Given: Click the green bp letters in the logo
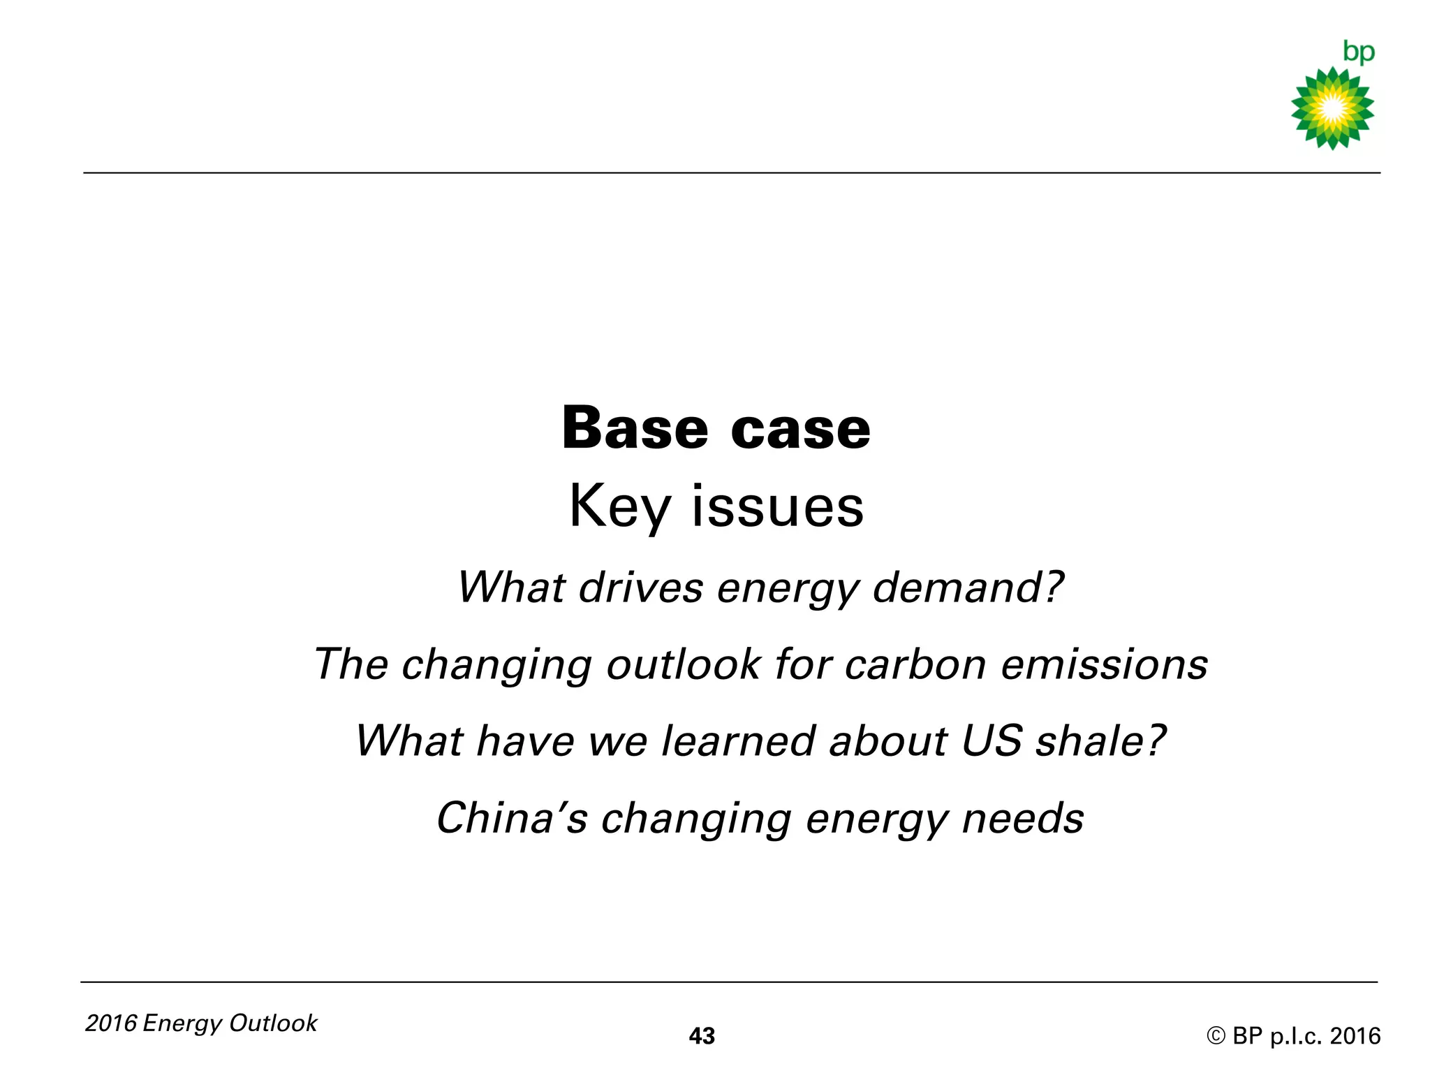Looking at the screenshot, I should click(x=1358, y=52).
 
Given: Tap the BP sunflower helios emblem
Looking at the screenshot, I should click(x=1332, y=108).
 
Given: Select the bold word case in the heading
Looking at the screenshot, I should click(x=801, y=429).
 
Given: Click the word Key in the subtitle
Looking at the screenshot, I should click(x=619, y=507).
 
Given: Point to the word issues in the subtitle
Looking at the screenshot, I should click(x=778, y=506).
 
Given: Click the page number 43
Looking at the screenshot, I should click(x=702, y=1036).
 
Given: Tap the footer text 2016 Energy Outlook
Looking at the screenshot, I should click(x=201, y=1023).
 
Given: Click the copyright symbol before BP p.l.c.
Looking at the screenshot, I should click(x=1216, y=1036).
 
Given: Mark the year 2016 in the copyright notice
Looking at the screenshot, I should click(x=1355, y=1036).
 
